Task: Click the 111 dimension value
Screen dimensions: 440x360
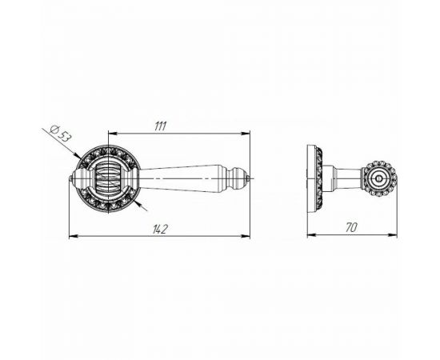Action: click(161, 126)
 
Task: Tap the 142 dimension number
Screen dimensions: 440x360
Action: click(160, 230)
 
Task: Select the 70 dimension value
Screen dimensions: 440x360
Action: click(351, 227)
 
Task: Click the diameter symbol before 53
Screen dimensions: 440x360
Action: click(54, 130)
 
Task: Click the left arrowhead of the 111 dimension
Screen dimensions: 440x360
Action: click(112, 134)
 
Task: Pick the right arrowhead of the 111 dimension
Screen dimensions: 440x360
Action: click(246, 134)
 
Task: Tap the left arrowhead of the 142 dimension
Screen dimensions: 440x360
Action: click(73, 237)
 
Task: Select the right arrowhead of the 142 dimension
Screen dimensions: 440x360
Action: click(246, 237)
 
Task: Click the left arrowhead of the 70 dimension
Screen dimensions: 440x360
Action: click(311, 235)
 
